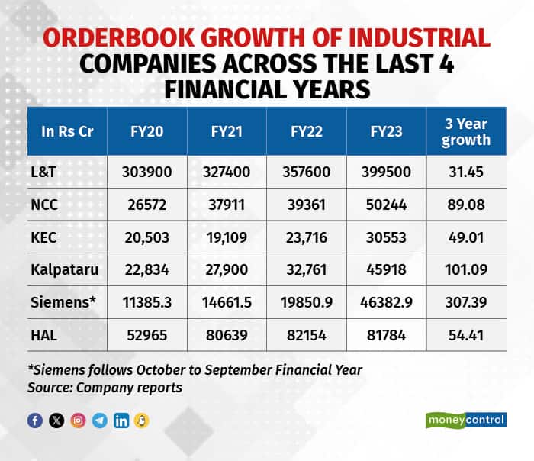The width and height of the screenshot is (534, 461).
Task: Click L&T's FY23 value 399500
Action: pyautogui.click(x=386, y=172)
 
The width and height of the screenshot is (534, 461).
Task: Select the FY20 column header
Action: pyautogui.click(x=146, y=131)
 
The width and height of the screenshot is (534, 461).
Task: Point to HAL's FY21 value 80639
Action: pyautogui.click(x=226, y=334)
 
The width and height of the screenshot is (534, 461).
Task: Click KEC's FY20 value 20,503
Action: pyautogui.click(x=146, y=237)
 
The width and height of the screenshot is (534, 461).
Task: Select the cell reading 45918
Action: pyautogui.click(x=386, y=270)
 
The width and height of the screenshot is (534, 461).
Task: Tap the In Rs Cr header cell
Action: pyautogui.click(x=67, y=131)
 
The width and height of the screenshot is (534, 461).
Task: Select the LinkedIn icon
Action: pyautogui.click(x=121, y=421)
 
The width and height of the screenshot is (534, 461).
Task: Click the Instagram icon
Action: pyautogui.click(x=78, y=421)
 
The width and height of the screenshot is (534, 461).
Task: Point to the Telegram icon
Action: pyautogui.click(x=99, y=421)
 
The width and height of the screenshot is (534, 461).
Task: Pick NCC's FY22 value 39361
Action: pyautogui.click(x=306, y=205)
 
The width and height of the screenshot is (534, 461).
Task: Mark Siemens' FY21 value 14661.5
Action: pyautogui.click(x=226, y=302)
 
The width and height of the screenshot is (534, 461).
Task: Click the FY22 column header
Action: pyautogui.click(x=306, y=131)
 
